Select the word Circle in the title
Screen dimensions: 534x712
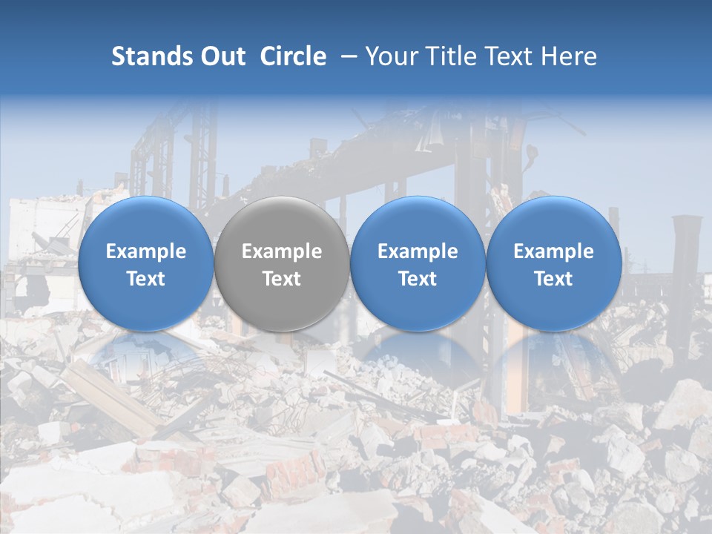click(293, 56)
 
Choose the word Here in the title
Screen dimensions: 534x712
click(568, 56)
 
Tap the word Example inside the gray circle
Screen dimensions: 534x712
click(282, 251)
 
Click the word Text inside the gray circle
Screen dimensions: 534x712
click(282, 279)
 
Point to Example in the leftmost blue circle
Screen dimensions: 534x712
click(145, 251)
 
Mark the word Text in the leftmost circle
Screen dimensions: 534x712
click(145, 279)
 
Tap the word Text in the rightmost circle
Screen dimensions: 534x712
click(554, 279)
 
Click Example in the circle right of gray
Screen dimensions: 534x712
click(418, 251)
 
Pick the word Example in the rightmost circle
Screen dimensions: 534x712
click(554, 251)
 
